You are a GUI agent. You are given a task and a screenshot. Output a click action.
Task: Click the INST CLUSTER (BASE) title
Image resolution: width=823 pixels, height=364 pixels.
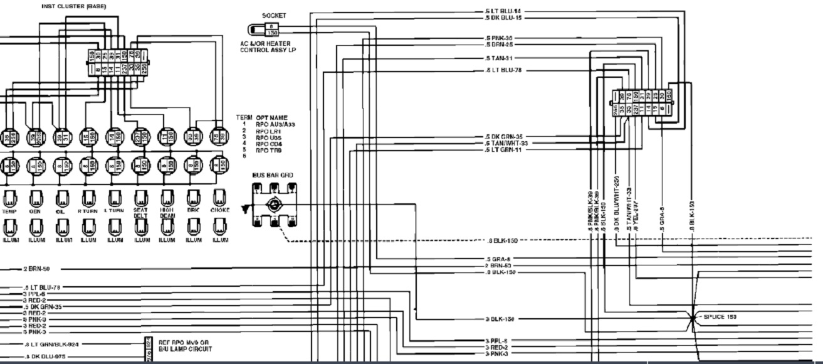[74, 6]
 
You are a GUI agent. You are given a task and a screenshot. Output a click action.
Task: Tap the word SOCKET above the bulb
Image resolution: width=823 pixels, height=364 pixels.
[274, 16]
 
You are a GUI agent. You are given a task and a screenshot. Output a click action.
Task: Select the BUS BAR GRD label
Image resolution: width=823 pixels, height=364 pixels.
[273, 176]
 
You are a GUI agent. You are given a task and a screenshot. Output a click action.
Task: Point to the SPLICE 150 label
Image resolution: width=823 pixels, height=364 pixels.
[720, 317]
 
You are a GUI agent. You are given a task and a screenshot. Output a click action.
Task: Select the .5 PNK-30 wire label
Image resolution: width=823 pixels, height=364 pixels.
[499, 38]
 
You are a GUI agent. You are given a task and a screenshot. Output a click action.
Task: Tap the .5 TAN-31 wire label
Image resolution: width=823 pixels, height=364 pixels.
[499, 58]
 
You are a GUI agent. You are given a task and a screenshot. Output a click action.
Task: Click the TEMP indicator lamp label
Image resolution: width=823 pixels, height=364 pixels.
[9, 211]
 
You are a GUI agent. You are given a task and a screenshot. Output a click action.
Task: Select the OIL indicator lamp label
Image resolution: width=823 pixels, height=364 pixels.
[61, 211]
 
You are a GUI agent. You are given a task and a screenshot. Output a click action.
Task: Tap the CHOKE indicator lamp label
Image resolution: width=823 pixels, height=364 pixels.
[220, 210]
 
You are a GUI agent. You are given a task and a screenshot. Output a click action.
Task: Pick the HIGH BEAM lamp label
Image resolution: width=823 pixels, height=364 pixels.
[167, 213]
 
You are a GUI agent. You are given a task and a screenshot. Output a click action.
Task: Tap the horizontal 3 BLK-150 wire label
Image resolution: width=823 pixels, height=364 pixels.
[500, 319]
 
